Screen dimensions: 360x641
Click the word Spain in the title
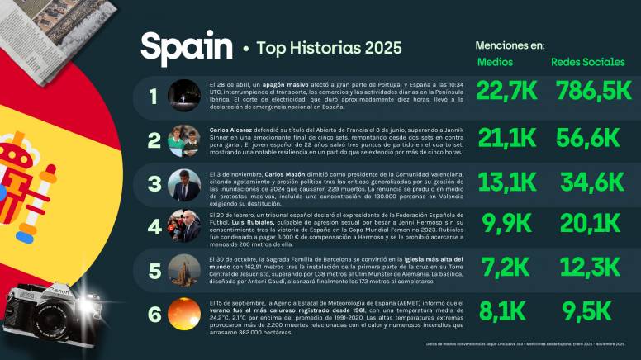186,47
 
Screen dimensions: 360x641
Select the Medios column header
496,62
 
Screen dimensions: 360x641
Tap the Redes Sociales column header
587,62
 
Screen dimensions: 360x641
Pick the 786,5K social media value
588,93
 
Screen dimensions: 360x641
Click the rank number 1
153,96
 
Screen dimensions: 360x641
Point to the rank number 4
154,226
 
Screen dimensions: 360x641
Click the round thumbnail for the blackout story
183,96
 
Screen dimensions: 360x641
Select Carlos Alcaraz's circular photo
183,140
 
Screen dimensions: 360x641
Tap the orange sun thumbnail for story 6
183,314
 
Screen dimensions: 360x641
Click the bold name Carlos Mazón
287,175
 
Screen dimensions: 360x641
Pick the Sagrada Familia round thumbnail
183,270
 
